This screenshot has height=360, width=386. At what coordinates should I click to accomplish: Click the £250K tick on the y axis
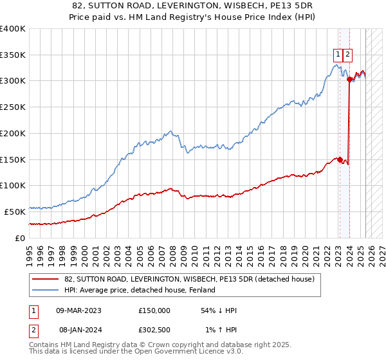[x=13, y=107]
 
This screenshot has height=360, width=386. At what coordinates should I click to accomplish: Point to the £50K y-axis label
[x=15, y=212]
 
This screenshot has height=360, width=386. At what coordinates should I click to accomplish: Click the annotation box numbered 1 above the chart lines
[x=338, y=55]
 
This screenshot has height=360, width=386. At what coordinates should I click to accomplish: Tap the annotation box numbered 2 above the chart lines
[x=347, y=55]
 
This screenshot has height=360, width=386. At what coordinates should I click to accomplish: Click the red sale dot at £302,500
[x=349, y=80]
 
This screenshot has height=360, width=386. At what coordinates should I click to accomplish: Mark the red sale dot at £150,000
[x=340, y=159]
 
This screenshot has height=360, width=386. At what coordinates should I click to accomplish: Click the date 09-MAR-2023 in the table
[x=79, y=310]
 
